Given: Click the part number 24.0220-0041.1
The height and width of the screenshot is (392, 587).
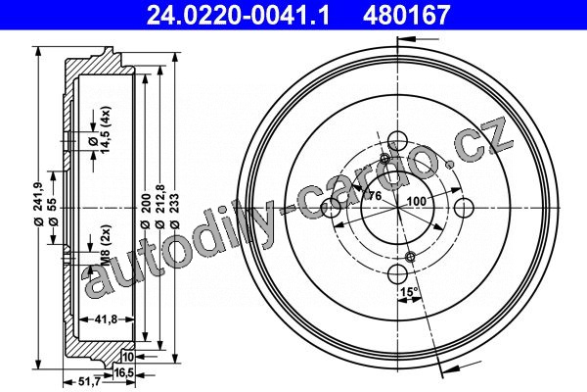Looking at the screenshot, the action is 238,15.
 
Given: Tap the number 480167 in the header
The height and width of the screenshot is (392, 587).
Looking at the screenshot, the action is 406,15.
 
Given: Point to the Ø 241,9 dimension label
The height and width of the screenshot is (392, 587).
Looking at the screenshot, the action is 40,205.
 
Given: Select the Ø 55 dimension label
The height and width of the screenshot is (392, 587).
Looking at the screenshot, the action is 52,212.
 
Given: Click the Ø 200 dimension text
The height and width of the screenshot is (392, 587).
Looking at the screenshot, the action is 146,211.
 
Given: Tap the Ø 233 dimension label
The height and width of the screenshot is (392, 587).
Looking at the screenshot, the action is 175,211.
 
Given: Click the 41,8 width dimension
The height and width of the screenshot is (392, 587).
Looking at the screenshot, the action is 107,319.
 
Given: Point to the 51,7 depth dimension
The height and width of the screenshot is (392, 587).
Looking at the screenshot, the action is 89,382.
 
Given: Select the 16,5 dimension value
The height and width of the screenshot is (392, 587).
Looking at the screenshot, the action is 124,372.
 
